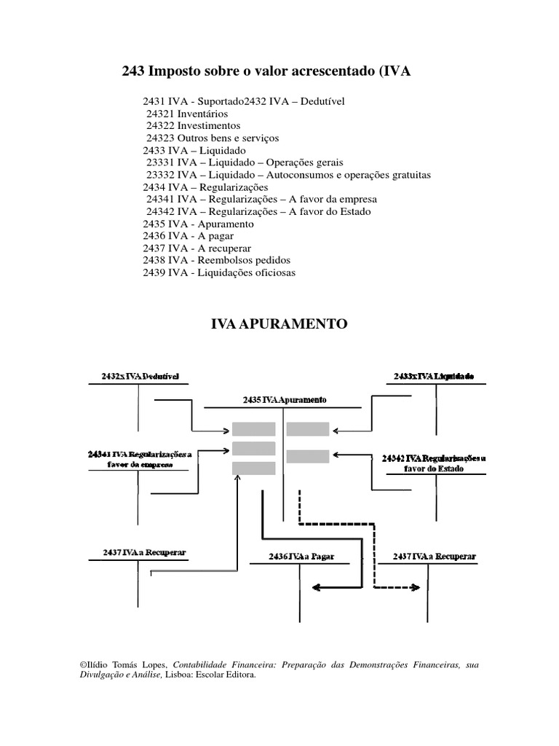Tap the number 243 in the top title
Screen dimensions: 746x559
point(132,71)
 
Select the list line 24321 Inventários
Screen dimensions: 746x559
point(186,114)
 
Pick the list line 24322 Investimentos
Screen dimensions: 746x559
point(193,125)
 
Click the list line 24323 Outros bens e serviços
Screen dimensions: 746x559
point(212,137)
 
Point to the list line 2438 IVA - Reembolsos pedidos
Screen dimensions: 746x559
point(216,260)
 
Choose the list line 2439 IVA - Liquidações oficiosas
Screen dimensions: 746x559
point(219,272)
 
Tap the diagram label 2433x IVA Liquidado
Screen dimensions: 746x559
point(434,376)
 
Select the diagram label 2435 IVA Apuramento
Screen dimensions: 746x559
point(284,400)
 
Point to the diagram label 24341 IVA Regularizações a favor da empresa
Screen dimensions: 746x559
point(139,460)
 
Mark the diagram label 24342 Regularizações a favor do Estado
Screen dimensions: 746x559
point(434,463)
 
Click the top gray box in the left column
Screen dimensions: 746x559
point(253,429)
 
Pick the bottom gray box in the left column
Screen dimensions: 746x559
point(253,468)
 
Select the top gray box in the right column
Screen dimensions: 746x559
point(308,429)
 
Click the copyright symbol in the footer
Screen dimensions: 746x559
point(80,666)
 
